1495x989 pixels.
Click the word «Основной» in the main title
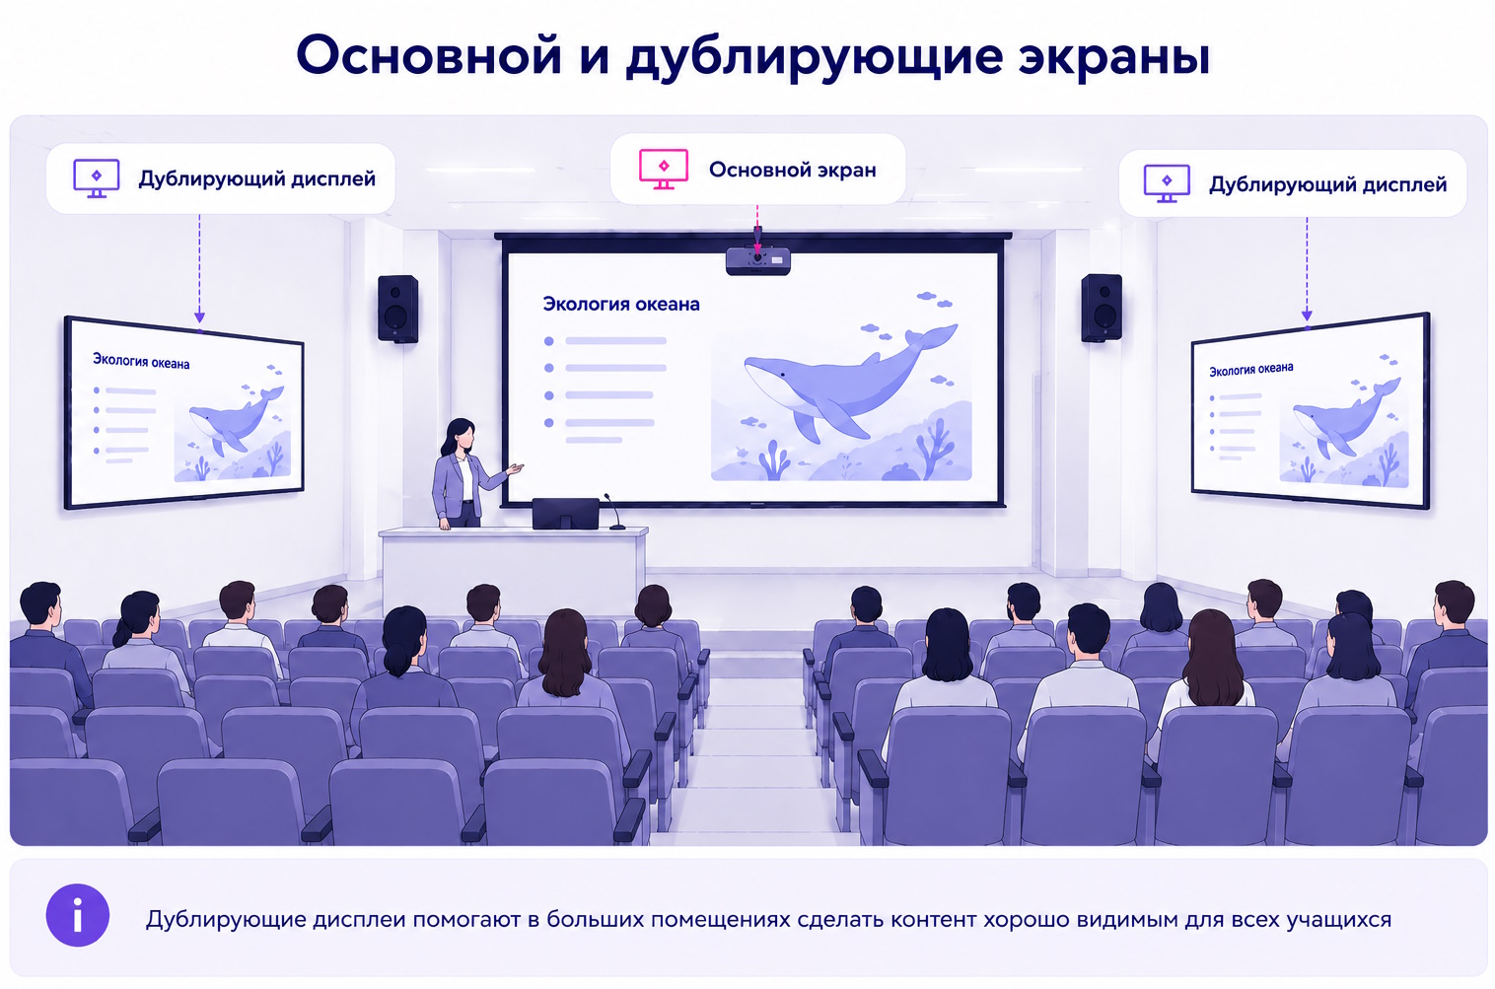[x=428, y=56]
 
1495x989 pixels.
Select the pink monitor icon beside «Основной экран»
[x=664, y=170]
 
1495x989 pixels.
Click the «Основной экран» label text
[x=792, y=171]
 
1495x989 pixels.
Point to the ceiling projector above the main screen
[x=758, y=259]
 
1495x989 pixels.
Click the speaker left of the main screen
[x=397, y=309]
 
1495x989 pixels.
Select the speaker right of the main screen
[x=1102, y=308]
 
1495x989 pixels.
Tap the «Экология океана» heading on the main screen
[x=621, y=305]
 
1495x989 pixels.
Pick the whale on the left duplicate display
[x=237, y=420]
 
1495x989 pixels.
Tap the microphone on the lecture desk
[x=613, y=512]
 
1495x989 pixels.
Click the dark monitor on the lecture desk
[x=565, y=513]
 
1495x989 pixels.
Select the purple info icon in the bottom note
[x=78, y=916]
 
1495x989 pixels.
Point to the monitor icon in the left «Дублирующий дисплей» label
[x=96, y=178]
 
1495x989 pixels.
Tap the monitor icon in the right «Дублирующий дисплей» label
[x=1167, y=183]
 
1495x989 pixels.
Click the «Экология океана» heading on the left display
[x=141, y=361]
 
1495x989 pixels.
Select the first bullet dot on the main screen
[x=548, y=341]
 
